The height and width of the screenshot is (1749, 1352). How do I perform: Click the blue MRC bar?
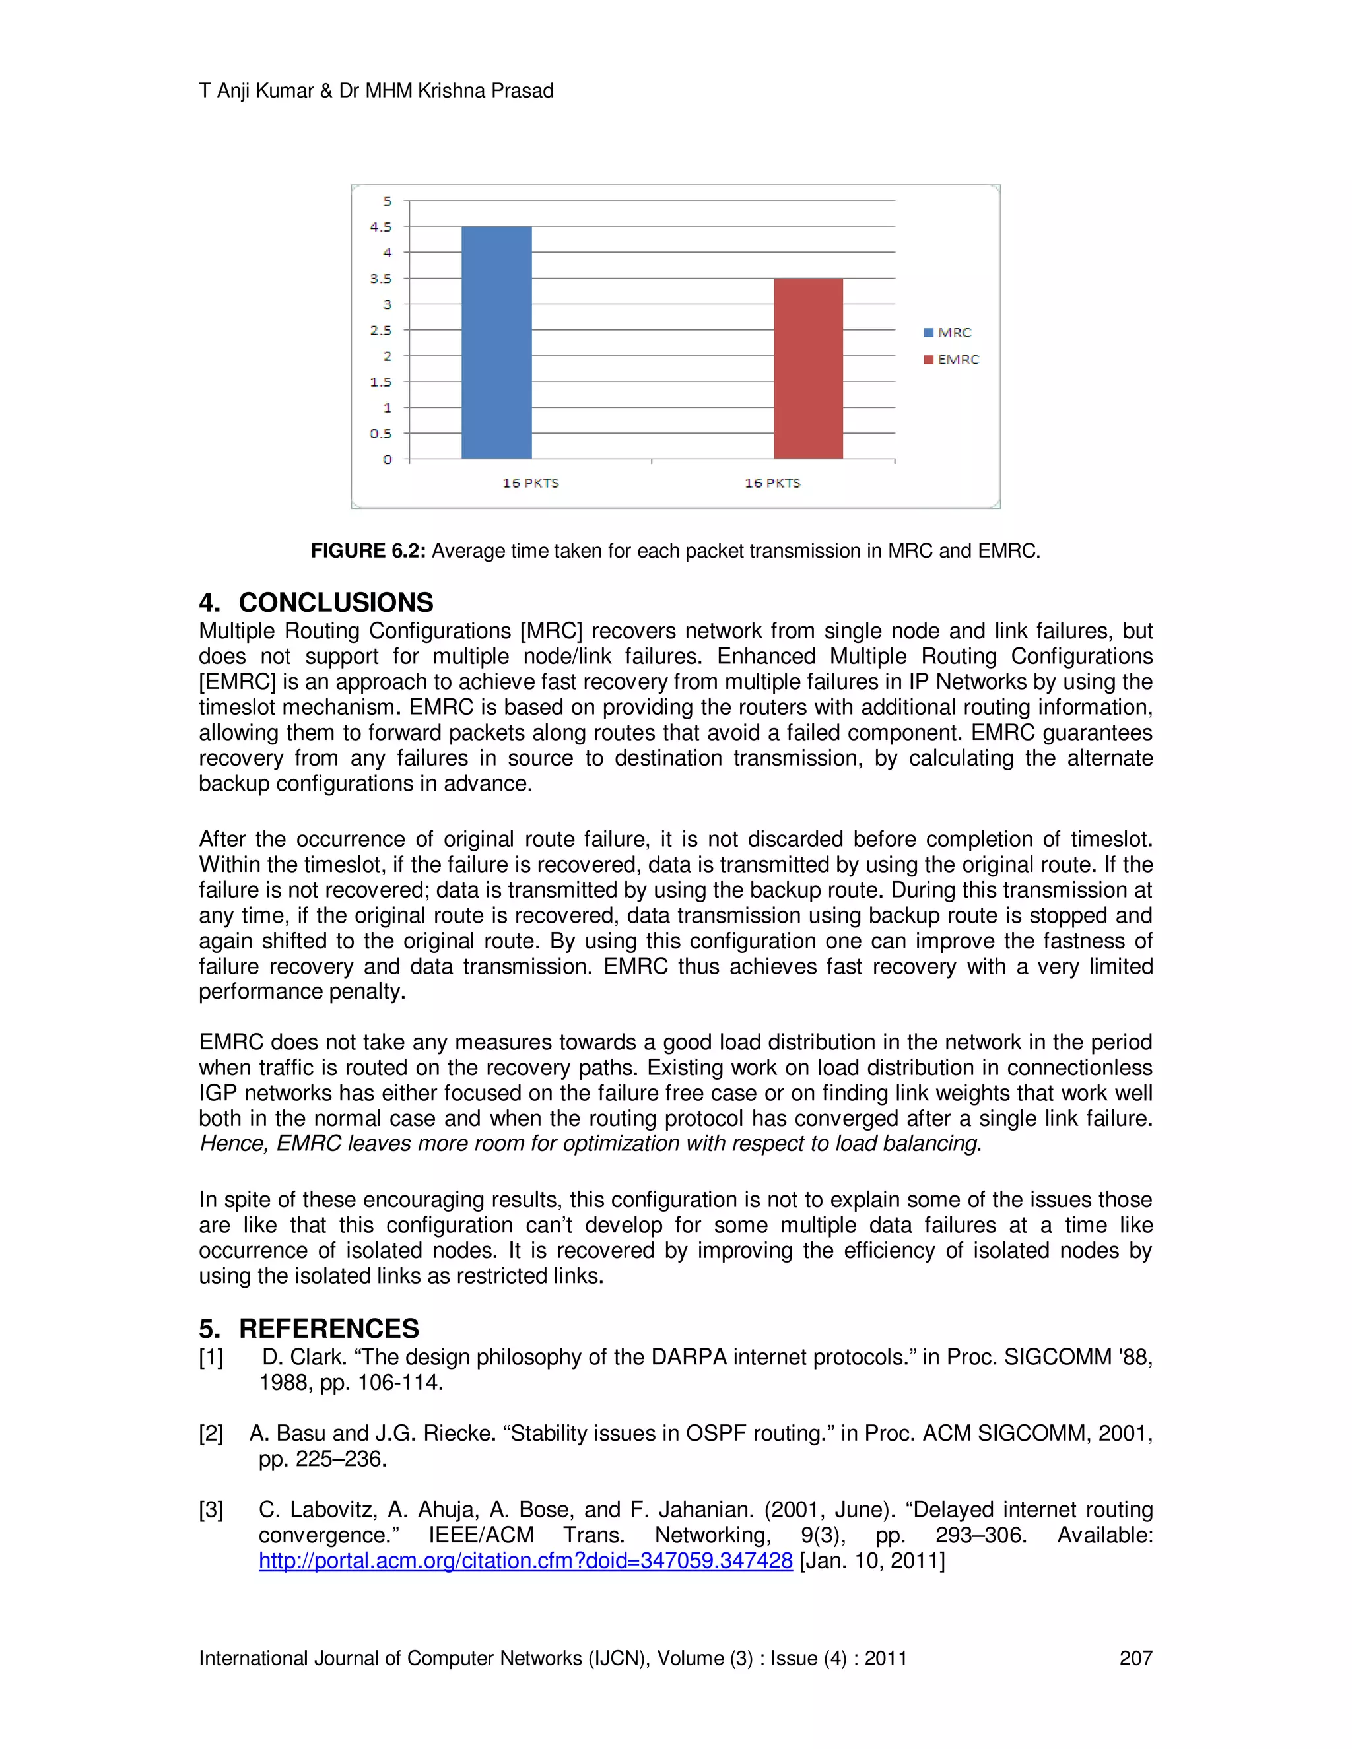pos(496,343)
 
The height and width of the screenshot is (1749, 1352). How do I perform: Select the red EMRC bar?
pos(808,368)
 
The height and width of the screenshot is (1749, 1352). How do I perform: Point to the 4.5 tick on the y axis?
pos(382,226)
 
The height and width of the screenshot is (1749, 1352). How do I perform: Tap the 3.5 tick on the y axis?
pos(382,279)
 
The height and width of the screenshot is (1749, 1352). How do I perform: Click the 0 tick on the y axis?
pos(388,459)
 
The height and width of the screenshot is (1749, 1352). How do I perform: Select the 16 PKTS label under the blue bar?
pos(530,483)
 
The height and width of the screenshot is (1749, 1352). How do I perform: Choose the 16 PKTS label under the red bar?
pos(772,483)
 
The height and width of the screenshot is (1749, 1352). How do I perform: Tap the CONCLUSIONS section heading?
pos(335,602)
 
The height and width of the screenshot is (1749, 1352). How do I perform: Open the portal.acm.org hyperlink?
pos(525,1561)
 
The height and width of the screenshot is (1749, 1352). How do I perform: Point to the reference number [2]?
pos(211,1434)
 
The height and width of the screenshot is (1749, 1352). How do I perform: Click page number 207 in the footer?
pos(1135,1659)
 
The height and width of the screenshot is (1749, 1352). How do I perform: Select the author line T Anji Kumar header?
pos(376,90)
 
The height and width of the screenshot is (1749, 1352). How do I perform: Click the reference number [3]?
pos(211,1509)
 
